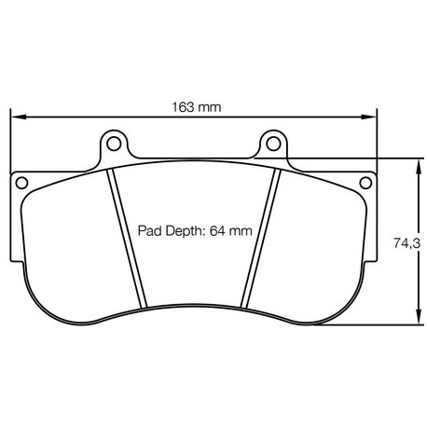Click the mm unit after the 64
241,230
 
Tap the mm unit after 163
210,107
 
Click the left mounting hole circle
115,145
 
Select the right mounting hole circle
272,145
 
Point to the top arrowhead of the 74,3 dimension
414,163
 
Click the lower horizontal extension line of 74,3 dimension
364,325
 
